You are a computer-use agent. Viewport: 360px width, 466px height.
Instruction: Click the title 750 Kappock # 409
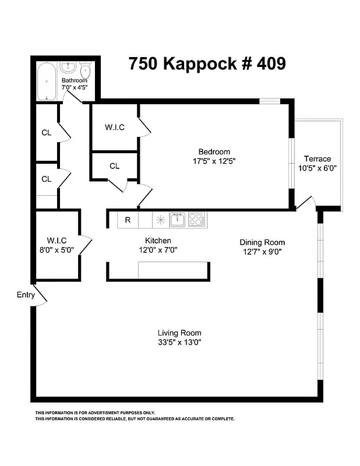coord(207,63)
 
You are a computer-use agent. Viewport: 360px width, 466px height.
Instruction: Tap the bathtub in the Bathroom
coord(45,82)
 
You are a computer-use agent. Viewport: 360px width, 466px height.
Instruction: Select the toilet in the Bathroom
coord(86,72)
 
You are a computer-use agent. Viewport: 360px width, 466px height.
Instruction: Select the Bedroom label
coord(214,151)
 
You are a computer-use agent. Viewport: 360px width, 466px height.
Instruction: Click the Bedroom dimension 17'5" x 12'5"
coord(214,161)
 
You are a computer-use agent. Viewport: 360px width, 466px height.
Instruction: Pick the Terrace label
coord(317,158)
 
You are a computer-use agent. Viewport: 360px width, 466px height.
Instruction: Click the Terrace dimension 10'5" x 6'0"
coord(317,168)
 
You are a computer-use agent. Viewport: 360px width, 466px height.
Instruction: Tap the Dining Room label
coord(262,242)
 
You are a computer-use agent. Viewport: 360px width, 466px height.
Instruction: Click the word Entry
coord(26,295)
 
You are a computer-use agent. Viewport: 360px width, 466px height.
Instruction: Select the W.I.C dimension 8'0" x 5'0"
coord(57,249)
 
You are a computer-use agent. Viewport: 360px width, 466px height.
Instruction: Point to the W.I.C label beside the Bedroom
coord(114,127)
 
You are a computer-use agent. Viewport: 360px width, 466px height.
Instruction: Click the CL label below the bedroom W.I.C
coord(114,166)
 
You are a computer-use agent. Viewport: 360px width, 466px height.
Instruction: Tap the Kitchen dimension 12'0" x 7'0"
coord(157,250)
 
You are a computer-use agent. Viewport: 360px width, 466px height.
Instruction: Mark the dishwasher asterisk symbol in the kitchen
coord(160,220)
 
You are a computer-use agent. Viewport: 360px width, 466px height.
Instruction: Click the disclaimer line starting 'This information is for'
coord(96,412)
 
